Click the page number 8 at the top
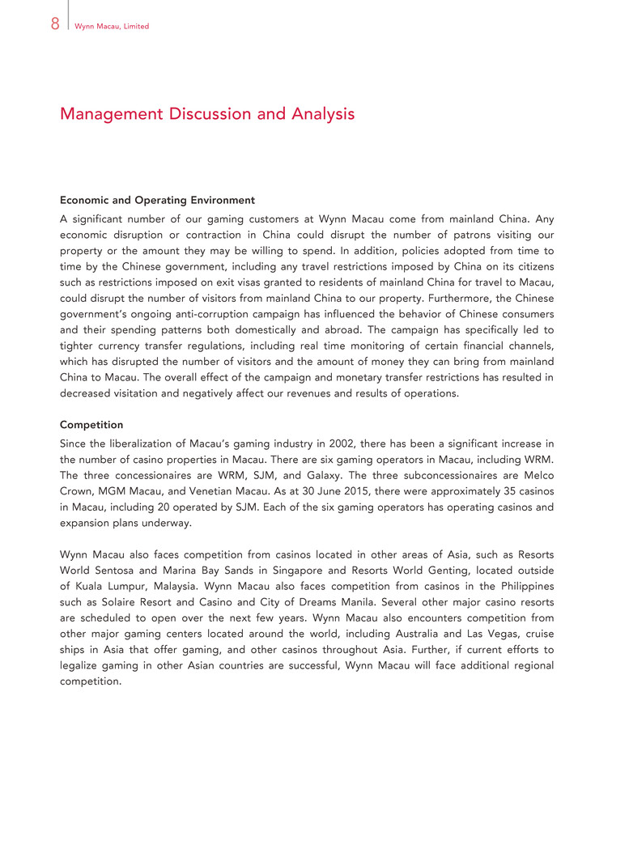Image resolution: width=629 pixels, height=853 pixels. click(54, 24)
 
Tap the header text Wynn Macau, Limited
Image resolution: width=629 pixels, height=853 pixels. click(111, 27)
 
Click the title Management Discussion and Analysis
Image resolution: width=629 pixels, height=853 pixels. click(207, 114)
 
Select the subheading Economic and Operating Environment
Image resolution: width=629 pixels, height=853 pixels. click(157, 200)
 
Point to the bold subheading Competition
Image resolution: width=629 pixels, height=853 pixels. click(91, 423)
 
